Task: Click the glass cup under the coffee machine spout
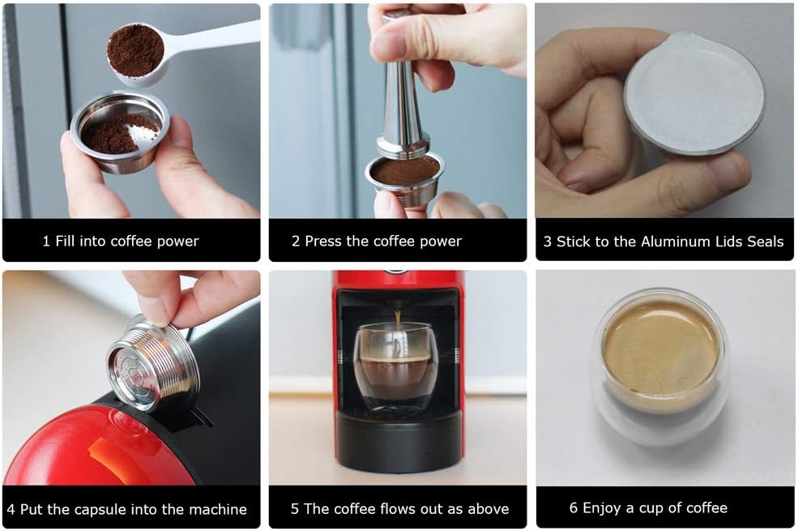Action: [x=395, y=369]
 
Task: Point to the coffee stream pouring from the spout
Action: [x=397, y=319]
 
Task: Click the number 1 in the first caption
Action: [x=46, y=241]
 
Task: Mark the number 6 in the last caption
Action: [x=574, y=508]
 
